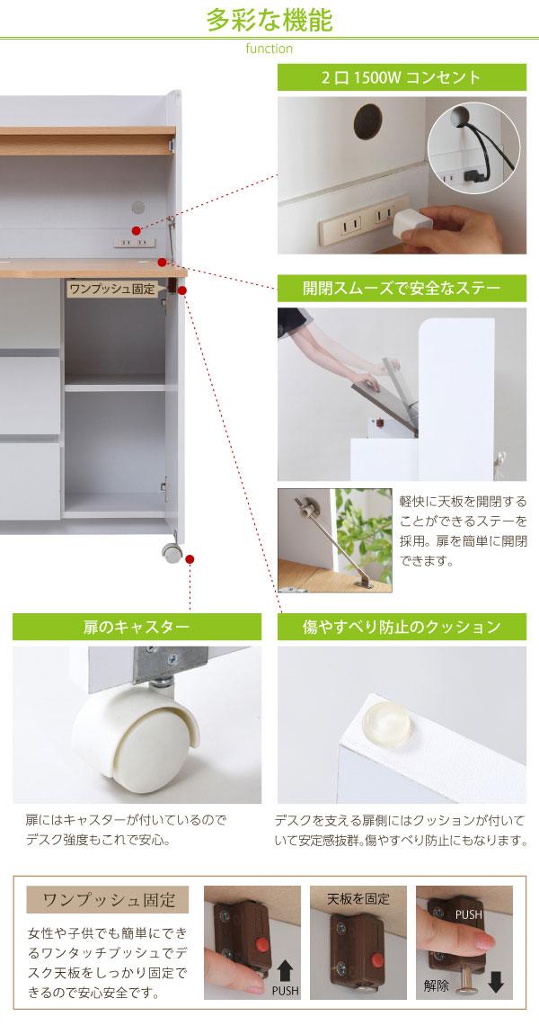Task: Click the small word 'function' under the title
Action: click(269, 49)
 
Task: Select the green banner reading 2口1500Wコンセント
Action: click(402, 77)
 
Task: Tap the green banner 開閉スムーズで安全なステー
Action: click(402, 289)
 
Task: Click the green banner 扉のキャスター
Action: click(137, 627)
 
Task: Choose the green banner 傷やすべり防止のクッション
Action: click(402, 627)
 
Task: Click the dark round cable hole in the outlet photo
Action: click(367, 122)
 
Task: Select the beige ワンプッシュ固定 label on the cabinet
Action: click(112, 289)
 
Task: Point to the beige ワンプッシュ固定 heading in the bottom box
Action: click(108, 899)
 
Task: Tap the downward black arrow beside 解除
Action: click(496, 984)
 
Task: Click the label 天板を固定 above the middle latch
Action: click(358, 899)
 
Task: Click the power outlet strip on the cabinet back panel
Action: click(134, 243)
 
